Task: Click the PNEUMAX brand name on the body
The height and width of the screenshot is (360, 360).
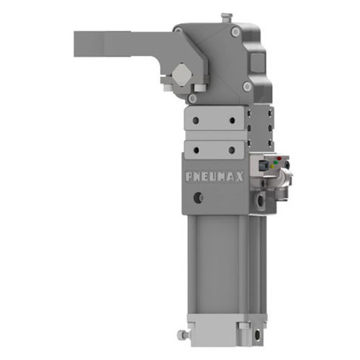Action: click(214, 176)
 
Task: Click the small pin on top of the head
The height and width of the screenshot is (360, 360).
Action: click(226, 16)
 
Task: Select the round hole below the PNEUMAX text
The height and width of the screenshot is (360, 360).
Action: click(198, 195)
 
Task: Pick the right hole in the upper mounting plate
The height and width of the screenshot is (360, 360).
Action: click(232, 120)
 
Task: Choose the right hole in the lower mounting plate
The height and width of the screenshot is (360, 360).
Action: click(232, 150)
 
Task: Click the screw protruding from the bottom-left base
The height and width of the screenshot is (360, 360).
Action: click(182, 335)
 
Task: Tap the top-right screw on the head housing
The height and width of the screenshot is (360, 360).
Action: click(235, 32)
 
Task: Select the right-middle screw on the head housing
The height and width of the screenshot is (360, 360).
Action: click(247, 86)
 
